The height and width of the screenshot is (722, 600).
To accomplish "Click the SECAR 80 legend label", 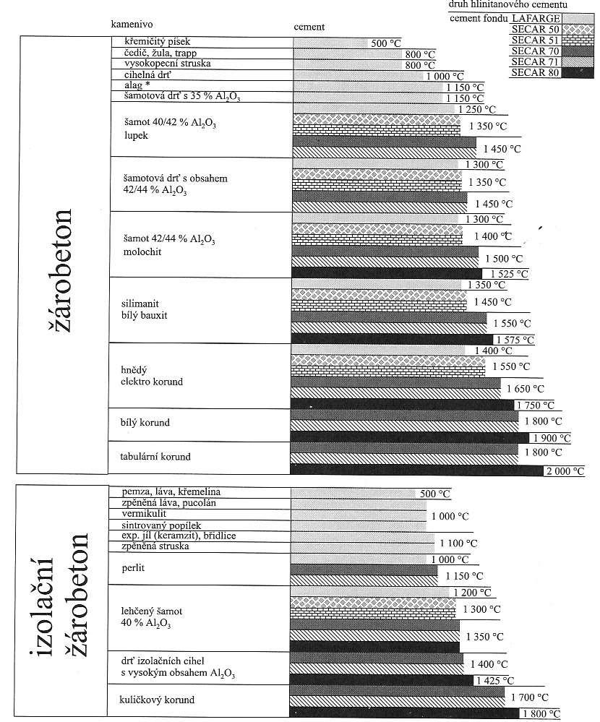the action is [x=535, y=72].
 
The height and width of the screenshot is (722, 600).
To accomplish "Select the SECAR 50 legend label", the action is [x=535, y=30].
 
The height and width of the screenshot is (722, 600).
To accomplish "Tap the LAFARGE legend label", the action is [x=536, y=18].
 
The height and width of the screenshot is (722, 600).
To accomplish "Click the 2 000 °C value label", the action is [x=565, y=471].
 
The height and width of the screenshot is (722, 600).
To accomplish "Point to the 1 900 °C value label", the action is [x=552, y=438].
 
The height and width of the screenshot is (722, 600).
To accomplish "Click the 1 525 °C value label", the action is [x=510, y=274].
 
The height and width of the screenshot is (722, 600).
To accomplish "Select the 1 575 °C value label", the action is [x=515, y=340].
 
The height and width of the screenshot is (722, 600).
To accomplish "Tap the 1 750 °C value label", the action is [x=536, y=405].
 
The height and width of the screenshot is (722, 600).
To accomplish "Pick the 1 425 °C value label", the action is [x=495, y=681].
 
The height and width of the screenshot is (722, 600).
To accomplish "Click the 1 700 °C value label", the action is [x=530, y=697].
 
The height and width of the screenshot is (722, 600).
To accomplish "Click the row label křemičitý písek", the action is [x=157, y=42].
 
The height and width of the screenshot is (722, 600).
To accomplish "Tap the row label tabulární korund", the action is [x=155, y=457].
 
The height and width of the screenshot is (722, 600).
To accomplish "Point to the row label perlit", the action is [x=133, y=568].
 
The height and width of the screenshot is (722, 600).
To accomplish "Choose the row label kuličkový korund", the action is [x=157, y=700].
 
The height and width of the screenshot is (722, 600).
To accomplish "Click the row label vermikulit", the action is [x=144, y=514].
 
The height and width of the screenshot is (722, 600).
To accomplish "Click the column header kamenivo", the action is [x=132, y=25].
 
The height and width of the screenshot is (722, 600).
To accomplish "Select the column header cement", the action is [x=309, y=27].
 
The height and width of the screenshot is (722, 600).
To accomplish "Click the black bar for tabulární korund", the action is [x=416, y=470].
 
